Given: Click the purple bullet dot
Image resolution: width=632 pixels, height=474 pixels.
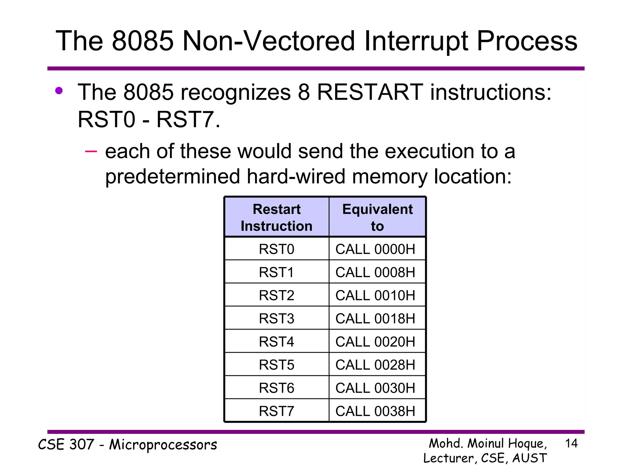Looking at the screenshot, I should point(59,91).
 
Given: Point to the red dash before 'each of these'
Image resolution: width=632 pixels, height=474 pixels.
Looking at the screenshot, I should point(91,151).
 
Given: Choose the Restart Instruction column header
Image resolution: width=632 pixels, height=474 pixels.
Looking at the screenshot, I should point(276,217).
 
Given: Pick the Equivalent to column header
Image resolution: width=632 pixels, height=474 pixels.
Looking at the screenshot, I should point(377,217).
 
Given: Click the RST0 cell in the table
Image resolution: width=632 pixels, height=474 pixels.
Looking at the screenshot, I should point(276,249).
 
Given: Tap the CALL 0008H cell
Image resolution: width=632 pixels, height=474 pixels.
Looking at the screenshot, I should point(375,272).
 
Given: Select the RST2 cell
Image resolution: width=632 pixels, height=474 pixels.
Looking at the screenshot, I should point(276,295).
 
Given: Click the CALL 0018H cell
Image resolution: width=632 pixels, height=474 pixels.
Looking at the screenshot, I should point(375,318).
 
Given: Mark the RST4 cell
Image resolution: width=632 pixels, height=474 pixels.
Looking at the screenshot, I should point(276,342).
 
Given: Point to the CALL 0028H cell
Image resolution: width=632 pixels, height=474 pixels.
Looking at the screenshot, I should point(375,365).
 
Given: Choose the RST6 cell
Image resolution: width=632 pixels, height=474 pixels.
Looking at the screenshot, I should point(276,388).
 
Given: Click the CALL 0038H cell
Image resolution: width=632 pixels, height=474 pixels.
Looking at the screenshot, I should point(375,411).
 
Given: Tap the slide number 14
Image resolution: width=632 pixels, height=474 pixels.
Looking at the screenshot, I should point(571,443).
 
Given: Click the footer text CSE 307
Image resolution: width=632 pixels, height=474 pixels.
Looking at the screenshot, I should point(66,445).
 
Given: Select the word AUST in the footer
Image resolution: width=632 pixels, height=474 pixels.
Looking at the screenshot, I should point(530,458).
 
